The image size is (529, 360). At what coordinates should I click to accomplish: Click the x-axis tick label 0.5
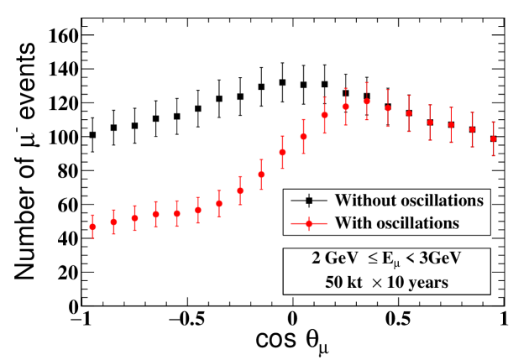pos(398,321)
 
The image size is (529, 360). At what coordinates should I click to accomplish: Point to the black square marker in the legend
pos(310,201)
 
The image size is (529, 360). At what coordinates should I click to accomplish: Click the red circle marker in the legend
pos(310,224)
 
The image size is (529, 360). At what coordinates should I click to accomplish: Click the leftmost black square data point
pos(92,134)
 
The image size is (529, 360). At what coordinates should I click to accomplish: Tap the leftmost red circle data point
pos(92,227)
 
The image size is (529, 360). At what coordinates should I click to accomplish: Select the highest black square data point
pos(282,82)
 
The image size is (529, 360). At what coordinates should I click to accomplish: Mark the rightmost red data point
pos(494,138)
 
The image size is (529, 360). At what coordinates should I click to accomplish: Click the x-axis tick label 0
pos(293,321)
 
